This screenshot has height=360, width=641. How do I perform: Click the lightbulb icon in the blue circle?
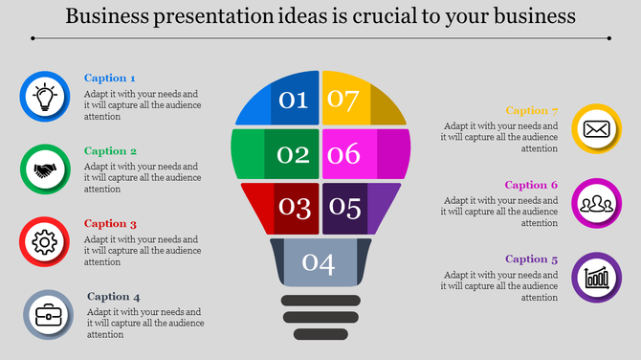(45, 98)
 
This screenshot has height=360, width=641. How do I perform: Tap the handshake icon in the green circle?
(45, 170)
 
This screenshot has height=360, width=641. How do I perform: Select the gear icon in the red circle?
(45, 242)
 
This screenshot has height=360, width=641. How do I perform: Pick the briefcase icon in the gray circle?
(48, 314)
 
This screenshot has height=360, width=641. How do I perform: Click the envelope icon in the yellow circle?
(596, 129)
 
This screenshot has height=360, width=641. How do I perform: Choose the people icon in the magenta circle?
(596, 203)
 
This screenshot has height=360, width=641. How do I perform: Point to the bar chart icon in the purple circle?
(596, 278)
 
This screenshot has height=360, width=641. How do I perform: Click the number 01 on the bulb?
(293, 99)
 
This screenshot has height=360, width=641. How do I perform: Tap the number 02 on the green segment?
(293, 154)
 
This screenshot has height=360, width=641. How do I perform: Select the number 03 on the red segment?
(294, 207)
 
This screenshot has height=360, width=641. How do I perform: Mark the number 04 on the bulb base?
(319, 261)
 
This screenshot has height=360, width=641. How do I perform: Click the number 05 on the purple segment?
(345, 207)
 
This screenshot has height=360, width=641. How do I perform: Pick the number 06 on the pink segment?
(344, 154)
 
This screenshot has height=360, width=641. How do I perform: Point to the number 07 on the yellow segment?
(343, 99)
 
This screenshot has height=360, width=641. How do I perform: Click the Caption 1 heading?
(110, 79)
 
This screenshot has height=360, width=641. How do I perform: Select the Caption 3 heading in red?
(110, 224)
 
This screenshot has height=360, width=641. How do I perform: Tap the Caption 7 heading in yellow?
(531, 111)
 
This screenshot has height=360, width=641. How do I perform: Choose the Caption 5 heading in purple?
(531, 259)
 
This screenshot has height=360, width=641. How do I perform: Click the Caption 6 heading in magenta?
(531, 185)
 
